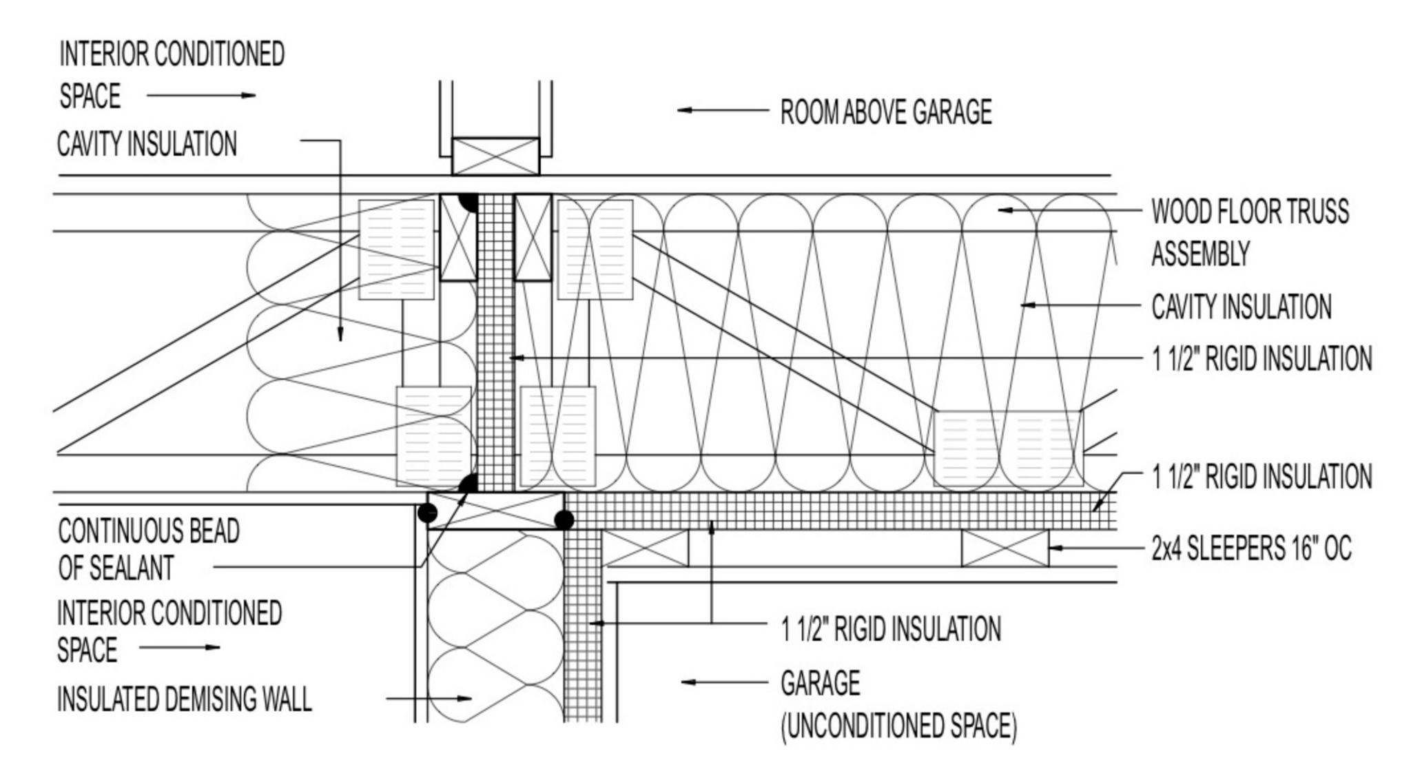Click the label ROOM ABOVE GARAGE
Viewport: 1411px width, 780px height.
[885, 112]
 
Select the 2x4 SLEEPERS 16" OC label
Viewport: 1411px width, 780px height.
[1251, 549]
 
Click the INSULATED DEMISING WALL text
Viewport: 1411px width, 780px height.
[184, 699]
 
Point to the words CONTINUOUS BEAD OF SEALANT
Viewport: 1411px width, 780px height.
[149, 550]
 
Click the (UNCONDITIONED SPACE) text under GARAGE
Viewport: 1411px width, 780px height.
[898, 726]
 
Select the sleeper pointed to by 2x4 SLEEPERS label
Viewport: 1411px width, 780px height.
[1005, 548]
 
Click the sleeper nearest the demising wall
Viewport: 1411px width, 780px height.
[646, 548]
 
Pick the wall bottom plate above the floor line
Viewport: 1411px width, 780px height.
[495, 156]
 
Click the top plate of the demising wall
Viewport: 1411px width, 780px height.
[495, 511]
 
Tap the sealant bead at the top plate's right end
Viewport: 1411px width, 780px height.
[564, 520]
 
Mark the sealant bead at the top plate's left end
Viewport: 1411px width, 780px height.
[428, 512]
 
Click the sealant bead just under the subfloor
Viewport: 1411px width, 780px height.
[468, 202]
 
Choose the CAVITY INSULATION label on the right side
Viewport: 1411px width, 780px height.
[1241, 307]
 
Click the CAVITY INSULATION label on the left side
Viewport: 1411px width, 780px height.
[147, 145]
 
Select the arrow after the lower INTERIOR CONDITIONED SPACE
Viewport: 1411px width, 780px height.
[179, 648]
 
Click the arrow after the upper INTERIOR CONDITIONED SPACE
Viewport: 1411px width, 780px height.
[201, 96]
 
